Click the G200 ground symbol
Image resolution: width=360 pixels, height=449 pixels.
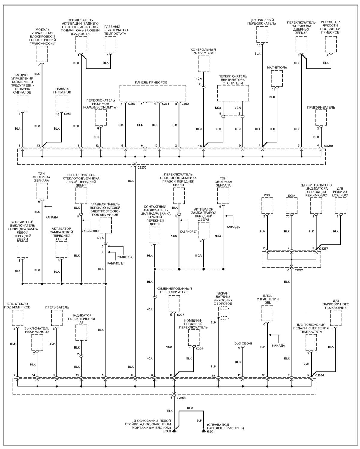tap(174, 431)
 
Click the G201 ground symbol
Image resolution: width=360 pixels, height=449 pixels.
tap(203, 431)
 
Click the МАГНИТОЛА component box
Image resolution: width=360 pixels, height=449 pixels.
tap(277, 79)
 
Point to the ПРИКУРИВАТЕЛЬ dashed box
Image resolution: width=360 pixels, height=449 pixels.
tap(321, 118)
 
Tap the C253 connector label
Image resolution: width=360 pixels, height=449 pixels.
tap(67, 114)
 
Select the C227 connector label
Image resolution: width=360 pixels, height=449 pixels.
tap(180, 315)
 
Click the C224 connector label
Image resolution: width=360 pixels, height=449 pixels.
tap(200, 349)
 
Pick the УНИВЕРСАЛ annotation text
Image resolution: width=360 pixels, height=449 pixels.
tap(126, 257)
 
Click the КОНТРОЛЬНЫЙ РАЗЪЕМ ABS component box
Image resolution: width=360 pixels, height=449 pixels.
tap(204, 64)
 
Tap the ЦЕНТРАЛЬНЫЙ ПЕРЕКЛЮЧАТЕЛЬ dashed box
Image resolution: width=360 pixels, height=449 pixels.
tap(262, 34)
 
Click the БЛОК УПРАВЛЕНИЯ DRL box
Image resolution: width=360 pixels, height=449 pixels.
tap(267, 313)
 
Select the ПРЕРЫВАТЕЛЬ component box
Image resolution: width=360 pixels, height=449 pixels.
tap(57, 318)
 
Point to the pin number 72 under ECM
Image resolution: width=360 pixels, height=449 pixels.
tap(288, 216)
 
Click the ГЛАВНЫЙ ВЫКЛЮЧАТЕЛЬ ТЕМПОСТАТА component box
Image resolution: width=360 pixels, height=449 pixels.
tap(110, 44)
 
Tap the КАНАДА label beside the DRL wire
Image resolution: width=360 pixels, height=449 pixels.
tap(278, 346)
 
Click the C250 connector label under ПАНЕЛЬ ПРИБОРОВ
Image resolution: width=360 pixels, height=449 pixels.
tap(185, 104)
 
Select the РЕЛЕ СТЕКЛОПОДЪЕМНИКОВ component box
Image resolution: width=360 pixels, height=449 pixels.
tap(17, 318)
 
